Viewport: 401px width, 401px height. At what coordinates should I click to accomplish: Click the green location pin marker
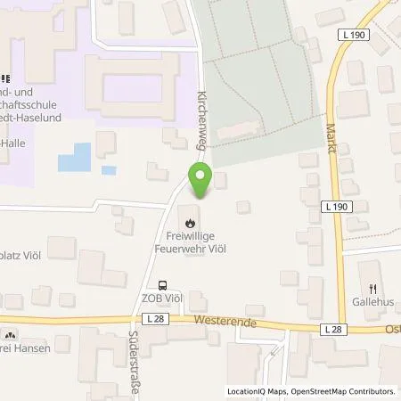tap(200, 181)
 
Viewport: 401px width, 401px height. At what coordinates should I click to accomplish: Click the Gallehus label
tap(372, 301)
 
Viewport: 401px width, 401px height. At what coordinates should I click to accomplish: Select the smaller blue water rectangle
tap(108, 169)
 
